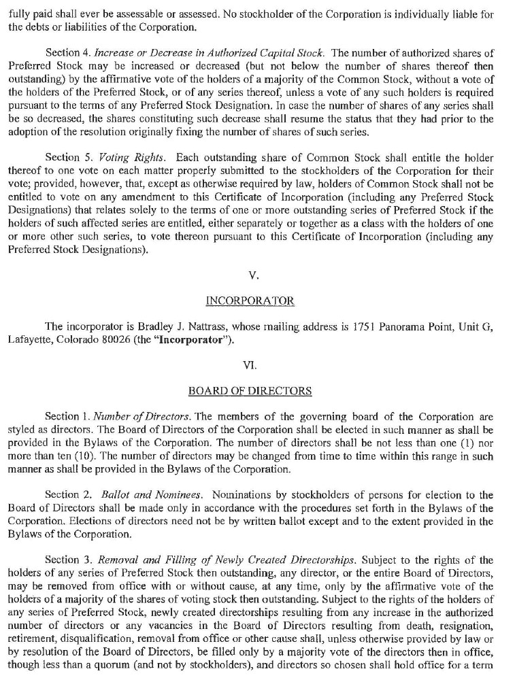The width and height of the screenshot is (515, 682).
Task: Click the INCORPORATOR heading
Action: (250, 301)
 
